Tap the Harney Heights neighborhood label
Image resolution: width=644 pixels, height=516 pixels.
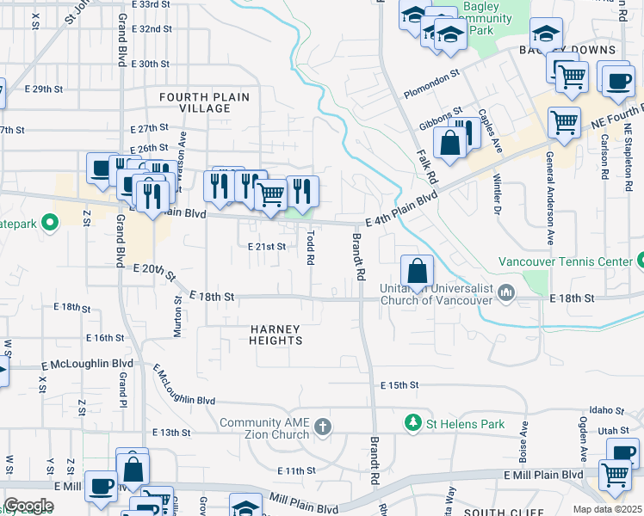[x=276, y=335]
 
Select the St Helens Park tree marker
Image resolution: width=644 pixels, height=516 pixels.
[x=413, y=423]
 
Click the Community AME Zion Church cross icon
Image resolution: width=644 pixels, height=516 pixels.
[x=323, y=427]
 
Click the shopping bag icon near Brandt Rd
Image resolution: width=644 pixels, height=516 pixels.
[x=417, y=272]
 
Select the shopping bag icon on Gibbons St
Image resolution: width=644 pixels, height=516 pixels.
[x=450, y=144]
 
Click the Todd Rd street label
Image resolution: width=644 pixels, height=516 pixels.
[x=310, y=244]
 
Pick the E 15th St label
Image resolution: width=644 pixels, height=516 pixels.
[x=401, y=384]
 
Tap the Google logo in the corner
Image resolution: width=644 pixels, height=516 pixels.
[x=28, y=506]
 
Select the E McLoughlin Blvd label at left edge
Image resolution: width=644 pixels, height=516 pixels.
[x=85, y=365]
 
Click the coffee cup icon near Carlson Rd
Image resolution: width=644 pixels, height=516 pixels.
[x=617, y=82]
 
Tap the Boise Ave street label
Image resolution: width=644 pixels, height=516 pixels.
[x=523, y=438]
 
